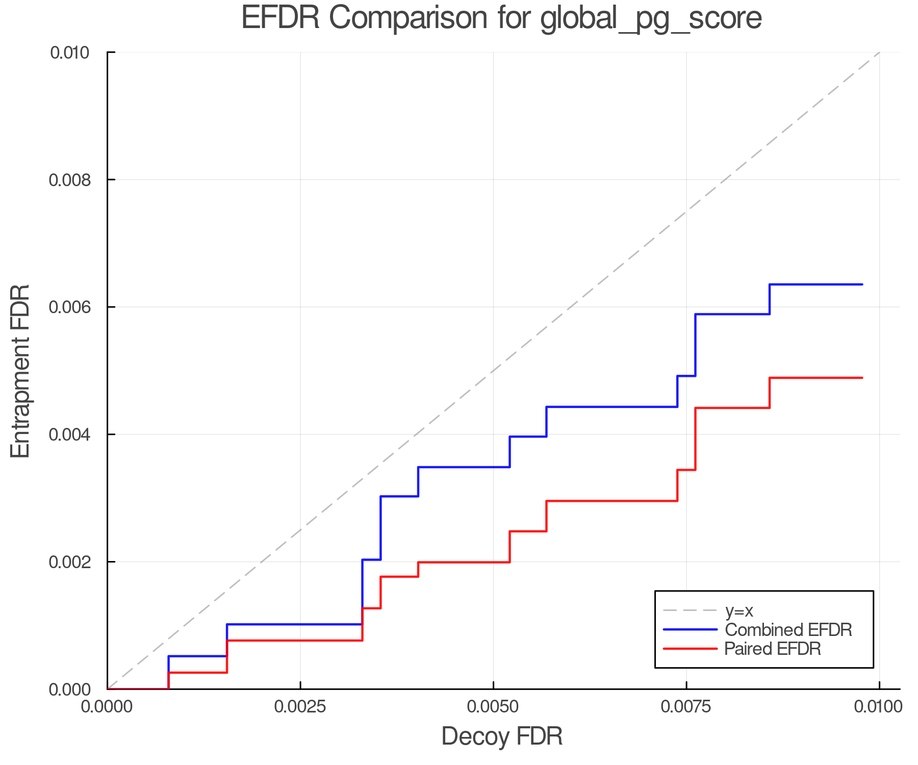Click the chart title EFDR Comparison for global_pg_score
[x=501, y=18]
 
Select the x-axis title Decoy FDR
[x=502, y=736]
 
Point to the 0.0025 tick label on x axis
[x=300, y=707]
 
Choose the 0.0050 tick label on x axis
[x=493, y=707]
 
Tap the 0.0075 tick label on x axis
[x=686, y=707]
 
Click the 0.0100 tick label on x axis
[x=879, y=707]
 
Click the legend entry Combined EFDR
[x=788, y=630]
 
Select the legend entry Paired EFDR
[x=773, y=649]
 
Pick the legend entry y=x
[x=739, y=610]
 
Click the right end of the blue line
[x=862, y=285]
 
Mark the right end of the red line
[x=862, y=378]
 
